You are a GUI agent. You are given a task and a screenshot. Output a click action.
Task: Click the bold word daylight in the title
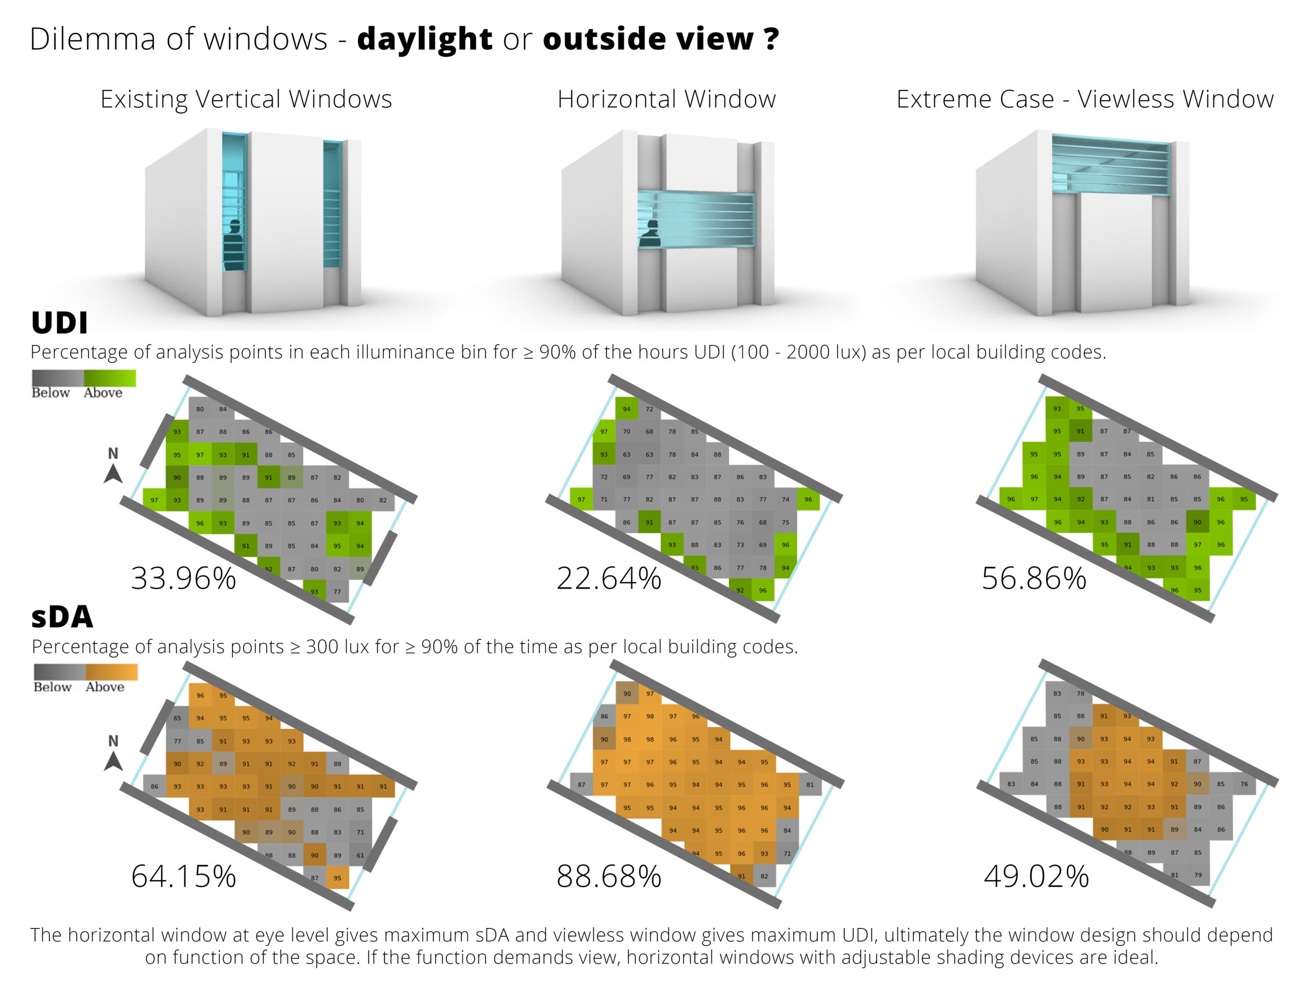424,39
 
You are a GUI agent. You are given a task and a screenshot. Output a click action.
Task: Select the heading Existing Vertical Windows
246,99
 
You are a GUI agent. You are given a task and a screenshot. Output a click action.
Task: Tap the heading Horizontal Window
666,99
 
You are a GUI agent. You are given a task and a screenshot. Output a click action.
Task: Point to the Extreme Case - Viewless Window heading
1085,99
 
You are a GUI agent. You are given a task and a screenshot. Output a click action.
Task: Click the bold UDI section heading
59,323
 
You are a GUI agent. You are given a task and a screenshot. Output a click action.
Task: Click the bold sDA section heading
62,617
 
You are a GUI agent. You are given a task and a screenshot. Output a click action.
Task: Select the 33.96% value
184,578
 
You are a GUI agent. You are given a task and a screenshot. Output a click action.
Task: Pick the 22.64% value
608,578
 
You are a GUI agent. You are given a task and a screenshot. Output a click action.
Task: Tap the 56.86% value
1034,578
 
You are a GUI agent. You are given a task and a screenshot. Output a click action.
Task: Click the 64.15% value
184,876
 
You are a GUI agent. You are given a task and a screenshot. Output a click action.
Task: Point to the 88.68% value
608,876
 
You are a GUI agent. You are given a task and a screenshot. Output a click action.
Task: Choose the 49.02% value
1036,876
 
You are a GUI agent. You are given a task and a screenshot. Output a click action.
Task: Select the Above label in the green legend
103,393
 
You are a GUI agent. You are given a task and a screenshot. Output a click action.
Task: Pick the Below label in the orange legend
52,687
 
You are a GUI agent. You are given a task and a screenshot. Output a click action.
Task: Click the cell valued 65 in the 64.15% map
177,719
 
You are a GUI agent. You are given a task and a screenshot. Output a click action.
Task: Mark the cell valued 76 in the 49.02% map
1244,785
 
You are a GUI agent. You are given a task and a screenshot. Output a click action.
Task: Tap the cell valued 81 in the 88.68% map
810,785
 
